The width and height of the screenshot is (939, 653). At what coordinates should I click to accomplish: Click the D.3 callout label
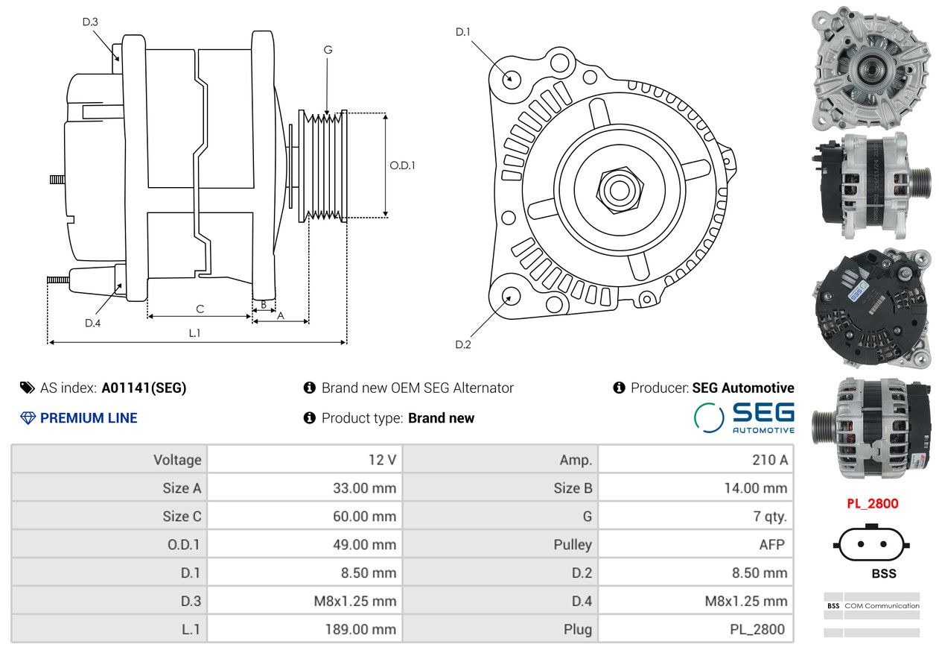pyautogui.click(x=90, y=22)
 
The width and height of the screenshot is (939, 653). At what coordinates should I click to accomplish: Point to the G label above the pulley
pyautogui.click(x=328, y=50)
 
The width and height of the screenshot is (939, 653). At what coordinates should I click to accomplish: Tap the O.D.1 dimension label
pyautogui.click(x=402, y=165)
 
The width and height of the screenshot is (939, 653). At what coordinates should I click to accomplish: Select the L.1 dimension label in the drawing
pyautogui.click(x=194, y=333)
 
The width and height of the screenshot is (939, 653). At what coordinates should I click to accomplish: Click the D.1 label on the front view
pyautogui.click(x=462, y=32)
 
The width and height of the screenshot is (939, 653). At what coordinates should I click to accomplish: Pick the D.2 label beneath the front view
pyautogui.click(x=462, y=344)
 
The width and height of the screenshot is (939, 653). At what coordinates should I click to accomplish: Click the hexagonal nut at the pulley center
pyautogui.click(x=620, y=190)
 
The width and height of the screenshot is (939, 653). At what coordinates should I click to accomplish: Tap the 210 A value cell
pyautogui.click(x=770, y=460)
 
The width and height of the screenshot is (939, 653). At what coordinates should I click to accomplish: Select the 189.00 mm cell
pyautogui.click(x=360, y=629)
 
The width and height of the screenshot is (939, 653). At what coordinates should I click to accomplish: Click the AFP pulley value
pyautogui.click(x=771, y=544)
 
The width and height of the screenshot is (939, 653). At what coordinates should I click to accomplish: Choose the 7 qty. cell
pyautogui.click(x=770, y=516)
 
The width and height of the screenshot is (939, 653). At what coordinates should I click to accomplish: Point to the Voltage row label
pyautogui.click(x=177, y=460)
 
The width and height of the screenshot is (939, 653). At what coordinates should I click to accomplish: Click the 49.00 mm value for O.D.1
pyautogui.click(x=364, y=544)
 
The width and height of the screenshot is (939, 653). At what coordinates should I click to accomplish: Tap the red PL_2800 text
pyautogui.click(x=873, y=503)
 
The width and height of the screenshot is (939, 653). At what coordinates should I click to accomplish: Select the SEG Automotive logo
pyautogui.click(x=744, y=417)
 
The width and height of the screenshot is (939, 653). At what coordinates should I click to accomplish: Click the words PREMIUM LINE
pyautogui.click(x=89, y=418)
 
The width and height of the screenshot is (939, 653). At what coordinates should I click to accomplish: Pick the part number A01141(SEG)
pyautogui.click(x=144, y=388)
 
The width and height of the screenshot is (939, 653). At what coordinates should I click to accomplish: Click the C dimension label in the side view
pyautogui.click(x=200, y=309)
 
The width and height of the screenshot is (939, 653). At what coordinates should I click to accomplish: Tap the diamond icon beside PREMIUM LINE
pyautogui.click(x=28, y=418)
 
